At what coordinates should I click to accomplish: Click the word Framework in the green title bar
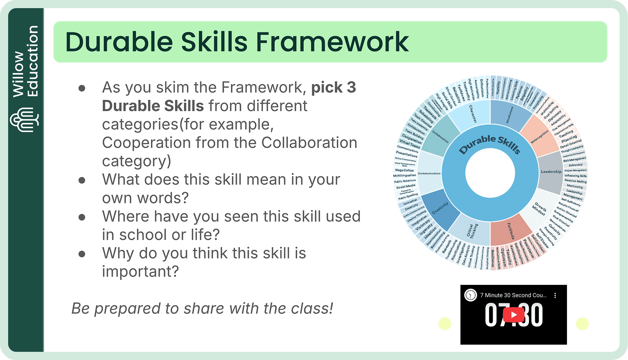[x=332, y=42]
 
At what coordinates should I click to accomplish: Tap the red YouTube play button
[x=513, y=315]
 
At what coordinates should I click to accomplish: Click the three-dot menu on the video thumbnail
[x=555, y=295]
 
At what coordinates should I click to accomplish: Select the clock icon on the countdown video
[x=470, y=295]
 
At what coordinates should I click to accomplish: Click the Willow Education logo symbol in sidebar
[x=24, y=120]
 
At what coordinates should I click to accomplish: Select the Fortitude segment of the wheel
[x=510, y=230]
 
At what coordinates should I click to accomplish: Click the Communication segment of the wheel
[x=429, y=173]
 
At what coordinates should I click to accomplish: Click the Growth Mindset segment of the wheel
[x=540, y=208]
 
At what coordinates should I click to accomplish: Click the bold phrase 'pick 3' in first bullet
[x=333, y=87]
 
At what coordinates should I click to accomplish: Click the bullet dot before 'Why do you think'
[x=82, y=254]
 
